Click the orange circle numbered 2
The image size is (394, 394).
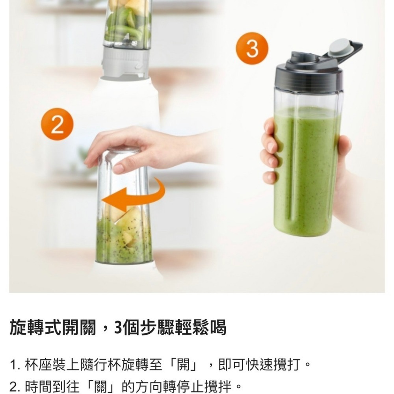click(57, 125)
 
